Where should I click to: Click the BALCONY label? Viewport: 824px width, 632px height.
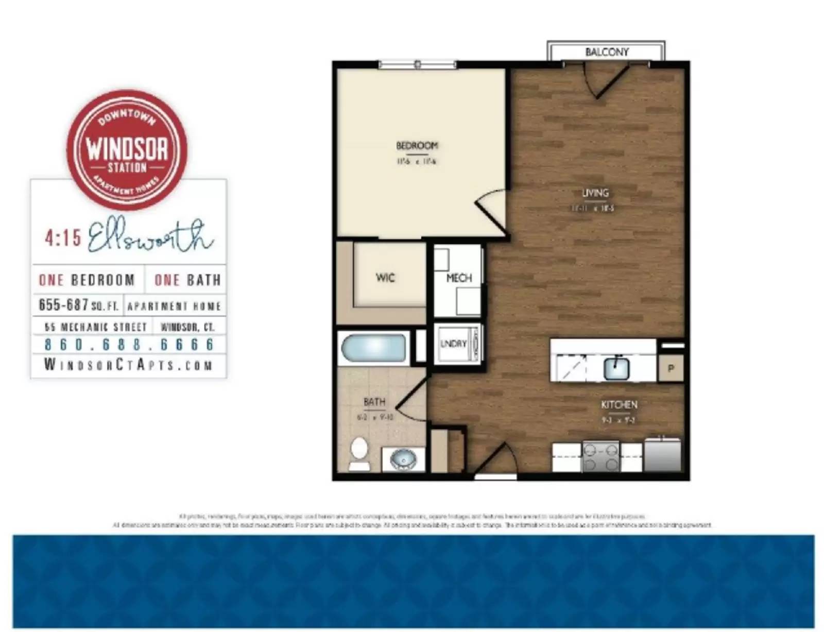coord(607,52)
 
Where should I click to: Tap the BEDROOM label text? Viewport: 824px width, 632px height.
coord(417,146)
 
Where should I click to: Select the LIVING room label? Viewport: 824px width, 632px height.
coord(595,193)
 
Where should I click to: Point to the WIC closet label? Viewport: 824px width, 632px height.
coord(385,278)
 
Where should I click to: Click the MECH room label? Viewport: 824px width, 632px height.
coord(459,278)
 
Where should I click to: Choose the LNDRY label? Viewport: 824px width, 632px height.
coord(453,344)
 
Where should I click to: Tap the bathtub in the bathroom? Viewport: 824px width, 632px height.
coord(373,349)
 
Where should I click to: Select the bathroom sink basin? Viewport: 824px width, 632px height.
coord(403,458)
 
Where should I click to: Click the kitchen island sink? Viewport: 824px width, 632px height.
coord(616,368)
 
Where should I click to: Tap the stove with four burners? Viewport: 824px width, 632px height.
coord(600,456)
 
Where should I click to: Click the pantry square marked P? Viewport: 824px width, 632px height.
coord(671,369)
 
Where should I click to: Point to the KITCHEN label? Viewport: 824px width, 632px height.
coord(619,405)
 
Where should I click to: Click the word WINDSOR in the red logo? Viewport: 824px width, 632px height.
coord(127,149)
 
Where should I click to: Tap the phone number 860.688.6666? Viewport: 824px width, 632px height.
coord(129,345)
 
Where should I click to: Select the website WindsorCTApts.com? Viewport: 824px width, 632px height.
coord(128,365)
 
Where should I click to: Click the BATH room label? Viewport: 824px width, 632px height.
coord(374,402)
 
